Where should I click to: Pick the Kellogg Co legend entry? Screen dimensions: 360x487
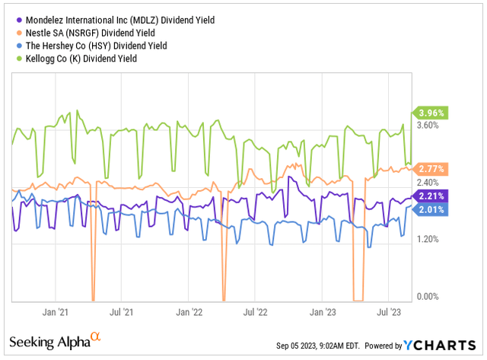click(84, 59)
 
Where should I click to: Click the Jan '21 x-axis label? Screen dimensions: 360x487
click(56, 312)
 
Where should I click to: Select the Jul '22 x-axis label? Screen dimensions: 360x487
click(256, 312)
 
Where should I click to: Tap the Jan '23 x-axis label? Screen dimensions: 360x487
click(323, 312)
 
